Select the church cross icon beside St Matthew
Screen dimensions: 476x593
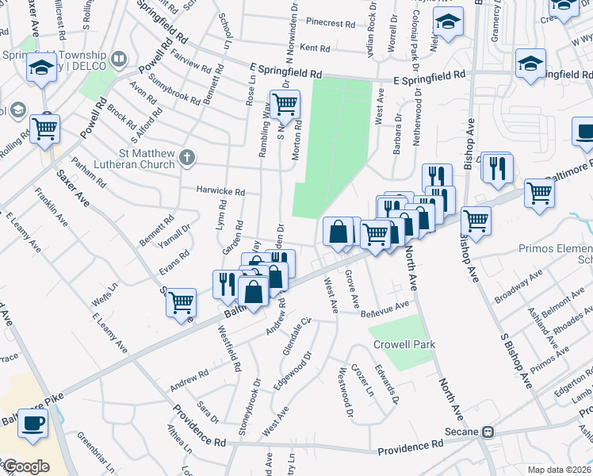(187, 157)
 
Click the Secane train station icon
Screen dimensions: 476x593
(488, 432)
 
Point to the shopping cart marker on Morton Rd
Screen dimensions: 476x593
(285, 103)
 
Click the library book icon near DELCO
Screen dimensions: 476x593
(118, 59)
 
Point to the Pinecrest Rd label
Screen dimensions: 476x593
(331, 24)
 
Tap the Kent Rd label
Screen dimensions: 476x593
(315, 48)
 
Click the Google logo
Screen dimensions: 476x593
(26, 466)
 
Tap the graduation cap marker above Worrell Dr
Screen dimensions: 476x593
(448, 23)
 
